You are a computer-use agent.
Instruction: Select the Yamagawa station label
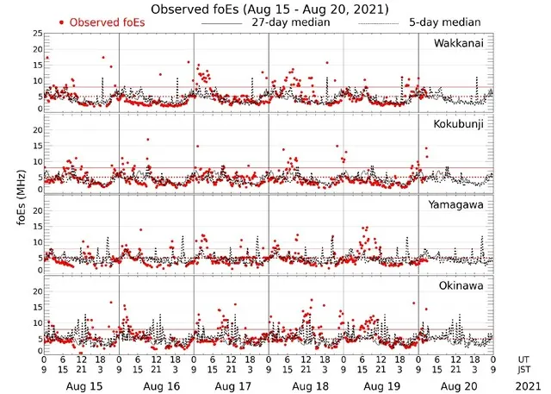(x=457, y=204)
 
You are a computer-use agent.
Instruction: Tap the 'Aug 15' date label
(x=82, y=386)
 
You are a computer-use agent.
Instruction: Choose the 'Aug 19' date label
(x=381, y=386)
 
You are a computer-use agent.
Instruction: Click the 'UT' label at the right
(x=523, y=358)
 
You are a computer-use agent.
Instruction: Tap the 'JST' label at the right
(x=525, y=370)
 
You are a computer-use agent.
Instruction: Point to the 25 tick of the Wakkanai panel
(x=36, y=34)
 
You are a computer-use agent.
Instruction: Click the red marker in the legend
(x=62, y=22)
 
